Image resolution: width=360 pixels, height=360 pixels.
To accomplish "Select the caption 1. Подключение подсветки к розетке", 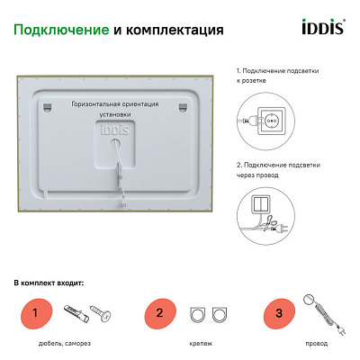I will click(278, 75).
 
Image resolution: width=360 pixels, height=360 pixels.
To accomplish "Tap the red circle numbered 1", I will click(35, 314).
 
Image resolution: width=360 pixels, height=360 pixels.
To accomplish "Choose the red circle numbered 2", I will click(159, 314).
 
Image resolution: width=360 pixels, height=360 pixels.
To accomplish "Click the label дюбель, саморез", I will click(66, 343).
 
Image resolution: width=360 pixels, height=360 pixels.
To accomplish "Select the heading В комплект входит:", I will click(49, 283).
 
